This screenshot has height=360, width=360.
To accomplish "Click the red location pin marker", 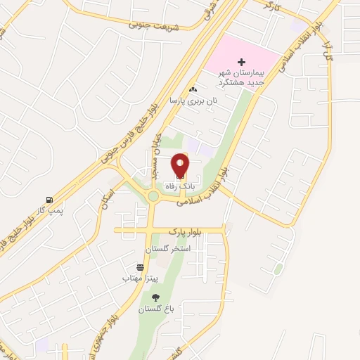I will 180,166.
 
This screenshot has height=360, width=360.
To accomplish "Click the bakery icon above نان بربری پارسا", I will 193,90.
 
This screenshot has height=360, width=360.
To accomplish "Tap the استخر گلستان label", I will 168,250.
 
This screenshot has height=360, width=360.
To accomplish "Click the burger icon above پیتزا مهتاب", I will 141,267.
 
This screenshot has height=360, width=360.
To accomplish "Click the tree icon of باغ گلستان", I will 155,297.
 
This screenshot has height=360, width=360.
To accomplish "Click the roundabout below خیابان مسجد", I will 153,196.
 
